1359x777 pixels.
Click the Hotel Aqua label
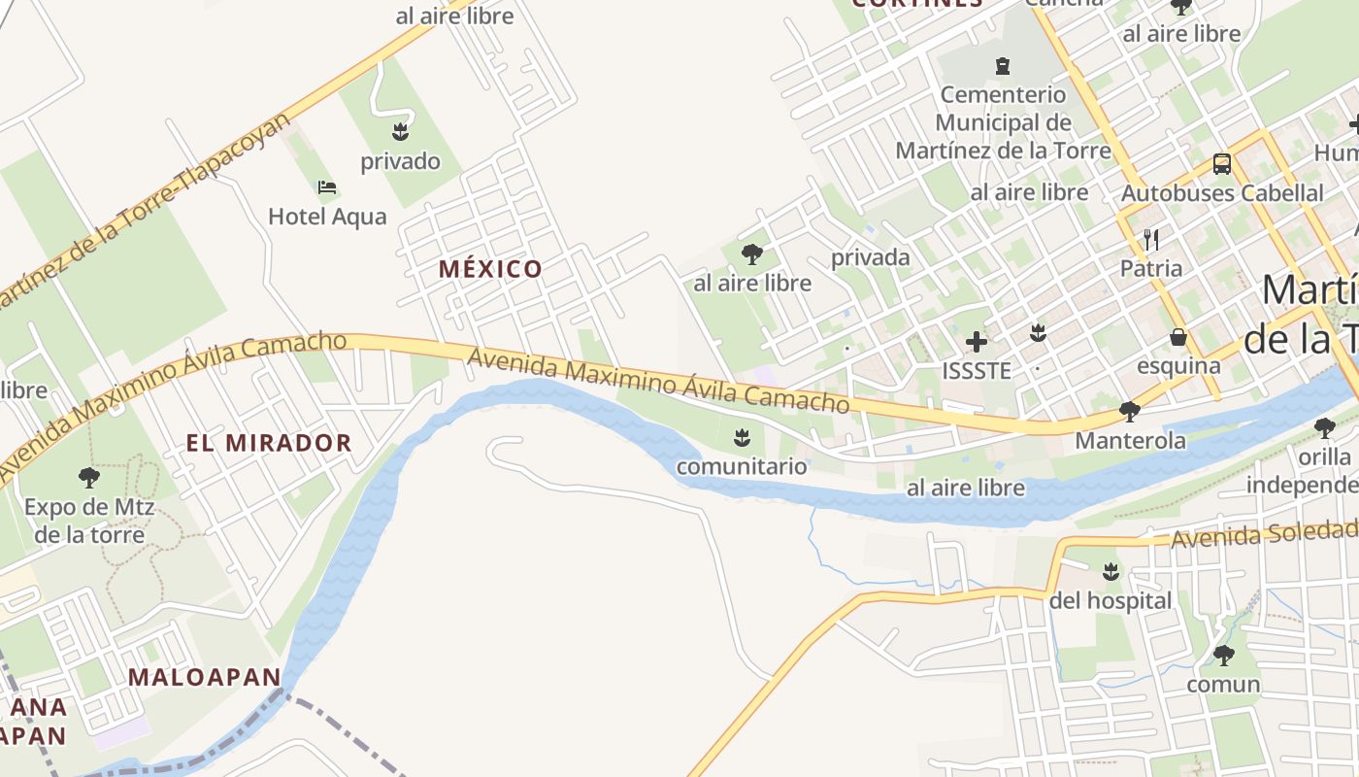coord(327,217)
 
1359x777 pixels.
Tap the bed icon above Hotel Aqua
coord(327,186)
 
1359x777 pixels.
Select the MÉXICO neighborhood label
coord(490,269)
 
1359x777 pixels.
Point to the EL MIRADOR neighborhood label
coord(269,443)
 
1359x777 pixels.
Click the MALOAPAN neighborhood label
coord(204,677)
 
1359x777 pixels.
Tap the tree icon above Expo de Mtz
coord(89,477)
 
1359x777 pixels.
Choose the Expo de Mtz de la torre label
coord(89,521)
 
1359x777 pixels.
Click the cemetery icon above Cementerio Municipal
coord(1002,66)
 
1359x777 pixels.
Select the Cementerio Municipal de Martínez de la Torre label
coord(1003,123)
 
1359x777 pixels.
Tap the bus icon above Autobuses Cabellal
coord(1221,164)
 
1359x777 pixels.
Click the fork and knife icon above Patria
coord(1151,239)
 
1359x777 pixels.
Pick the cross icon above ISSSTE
coord(977,341)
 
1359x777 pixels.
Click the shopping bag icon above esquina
coord(1178,337)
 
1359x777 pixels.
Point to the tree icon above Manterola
coord(1129,412)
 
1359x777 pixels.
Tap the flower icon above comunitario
coord(742,437)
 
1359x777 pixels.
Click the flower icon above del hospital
coord(1110,571)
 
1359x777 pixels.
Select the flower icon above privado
coord(400,131)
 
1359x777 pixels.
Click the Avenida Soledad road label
coord(1263,533)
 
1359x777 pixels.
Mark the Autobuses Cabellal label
coord(1222,193)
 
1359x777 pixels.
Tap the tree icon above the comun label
coord(1223,655)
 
